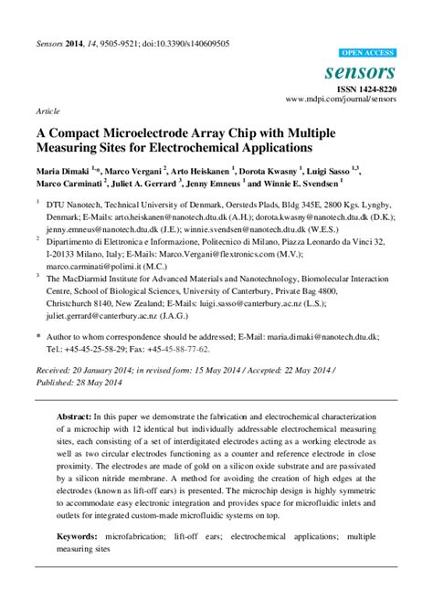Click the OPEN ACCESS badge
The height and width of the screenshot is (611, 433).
[x=367, y=53]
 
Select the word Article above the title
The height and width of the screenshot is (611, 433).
[x=48, y=111]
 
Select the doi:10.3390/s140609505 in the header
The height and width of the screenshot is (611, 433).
[x=182, y=43]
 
